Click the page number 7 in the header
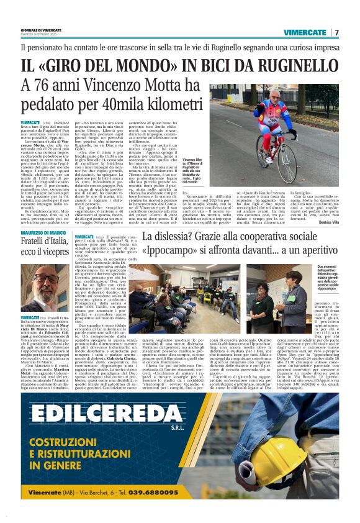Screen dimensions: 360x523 (x=337, y=32)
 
